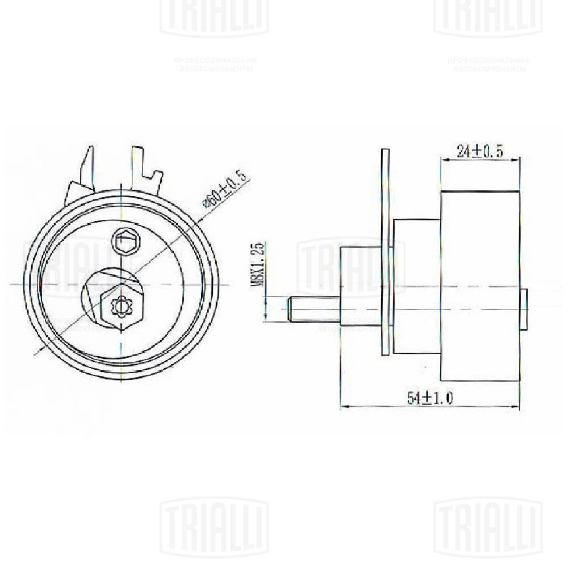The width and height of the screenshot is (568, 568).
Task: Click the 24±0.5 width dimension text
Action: tap(481, 151)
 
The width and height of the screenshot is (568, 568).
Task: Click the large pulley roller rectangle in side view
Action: tap(480, 286)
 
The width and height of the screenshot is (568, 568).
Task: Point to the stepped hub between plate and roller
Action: tap(417, 286)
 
